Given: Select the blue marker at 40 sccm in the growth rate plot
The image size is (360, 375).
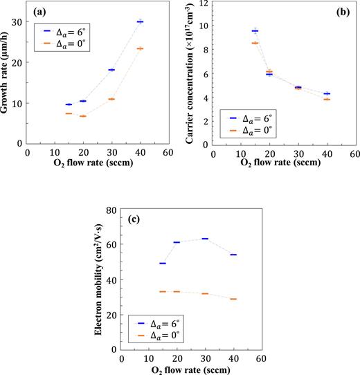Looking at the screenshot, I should [140, 22].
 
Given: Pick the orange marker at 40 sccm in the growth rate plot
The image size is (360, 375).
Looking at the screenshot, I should [140, 48].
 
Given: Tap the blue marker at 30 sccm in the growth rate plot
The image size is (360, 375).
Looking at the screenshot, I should [111, 70].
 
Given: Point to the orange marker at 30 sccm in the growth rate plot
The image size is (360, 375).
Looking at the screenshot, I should [111, 99].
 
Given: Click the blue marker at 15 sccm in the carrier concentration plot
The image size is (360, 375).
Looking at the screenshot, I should [255, 30].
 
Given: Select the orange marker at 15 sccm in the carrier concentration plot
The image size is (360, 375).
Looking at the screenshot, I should [255, 43].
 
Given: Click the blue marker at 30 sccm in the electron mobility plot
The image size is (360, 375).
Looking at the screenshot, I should [205, 239].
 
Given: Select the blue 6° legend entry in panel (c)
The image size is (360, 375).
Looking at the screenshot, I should [157, 323].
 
